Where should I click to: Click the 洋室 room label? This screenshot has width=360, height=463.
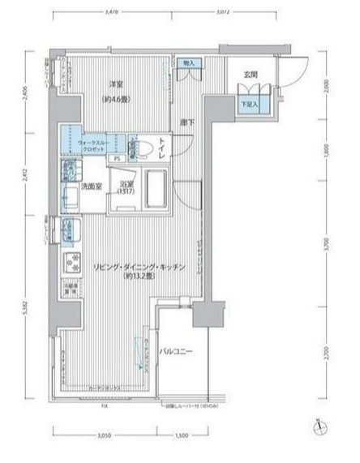tap(115, 84)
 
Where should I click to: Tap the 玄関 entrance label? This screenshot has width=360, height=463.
tap(251, 75)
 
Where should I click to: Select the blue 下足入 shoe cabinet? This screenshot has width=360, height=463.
tap(249, 104)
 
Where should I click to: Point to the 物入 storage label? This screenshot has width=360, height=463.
tap(189, 63)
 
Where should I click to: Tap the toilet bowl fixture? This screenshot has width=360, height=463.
tap(144, 149)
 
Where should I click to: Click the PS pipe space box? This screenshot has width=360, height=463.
tap(118, 159)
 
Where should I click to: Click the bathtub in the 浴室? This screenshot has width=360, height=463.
tap(152, 190)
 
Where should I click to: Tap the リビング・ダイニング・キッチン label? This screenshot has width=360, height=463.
tap(139, 268)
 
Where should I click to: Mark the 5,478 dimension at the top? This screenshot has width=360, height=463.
tap(114, 12)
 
